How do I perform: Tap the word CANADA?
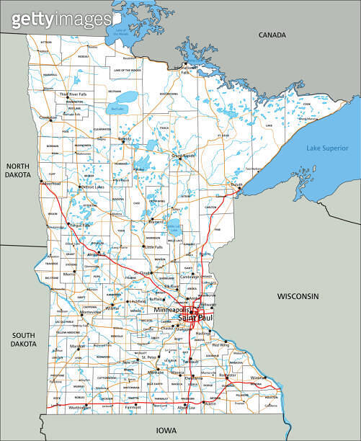273,35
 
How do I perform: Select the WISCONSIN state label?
298,296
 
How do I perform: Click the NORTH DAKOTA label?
19,171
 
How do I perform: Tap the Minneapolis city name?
172,310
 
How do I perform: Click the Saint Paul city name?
195,318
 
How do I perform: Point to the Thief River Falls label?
72,94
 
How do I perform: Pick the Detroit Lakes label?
92,187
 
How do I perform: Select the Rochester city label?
229,375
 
